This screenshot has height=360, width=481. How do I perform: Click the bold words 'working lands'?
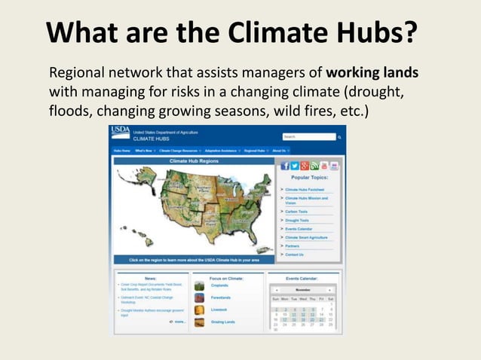372,75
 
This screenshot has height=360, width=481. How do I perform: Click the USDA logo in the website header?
121,133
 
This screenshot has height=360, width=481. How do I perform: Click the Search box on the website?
308,137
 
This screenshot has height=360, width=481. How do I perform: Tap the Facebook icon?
285,166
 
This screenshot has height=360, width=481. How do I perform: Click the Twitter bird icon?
295,166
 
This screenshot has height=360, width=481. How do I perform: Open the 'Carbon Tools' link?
296,212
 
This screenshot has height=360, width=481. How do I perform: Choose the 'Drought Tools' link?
297,220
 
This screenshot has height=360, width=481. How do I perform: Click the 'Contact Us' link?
294,255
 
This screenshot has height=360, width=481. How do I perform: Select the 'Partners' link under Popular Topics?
292,246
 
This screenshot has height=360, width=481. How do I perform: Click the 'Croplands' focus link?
220,286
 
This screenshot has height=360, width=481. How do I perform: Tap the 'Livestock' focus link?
219,310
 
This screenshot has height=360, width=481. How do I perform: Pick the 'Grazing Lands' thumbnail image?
199,322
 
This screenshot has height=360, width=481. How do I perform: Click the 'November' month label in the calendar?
303,289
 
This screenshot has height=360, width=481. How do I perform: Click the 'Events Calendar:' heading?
302,278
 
